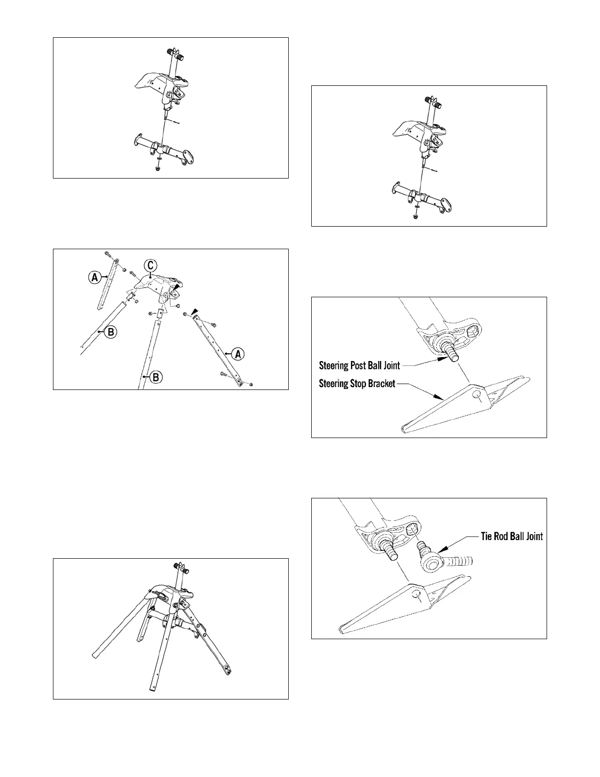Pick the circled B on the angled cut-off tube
tap(111, 332)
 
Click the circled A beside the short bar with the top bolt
tap(93, 278)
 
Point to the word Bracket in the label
tap(377, 384)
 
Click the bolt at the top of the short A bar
tap(107, 255)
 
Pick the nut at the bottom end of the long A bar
tap(251, 384)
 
